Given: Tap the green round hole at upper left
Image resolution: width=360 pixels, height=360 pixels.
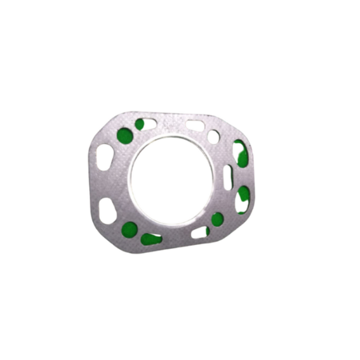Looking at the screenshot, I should [125, 136].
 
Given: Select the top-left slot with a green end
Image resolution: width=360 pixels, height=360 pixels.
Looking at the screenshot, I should [146, 124].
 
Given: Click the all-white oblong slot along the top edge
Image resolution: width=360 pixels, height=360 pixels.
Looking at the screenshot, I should [195, 125].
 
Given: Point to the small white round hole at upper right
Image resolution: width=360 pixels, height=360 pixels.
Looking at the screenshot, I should [213, 137].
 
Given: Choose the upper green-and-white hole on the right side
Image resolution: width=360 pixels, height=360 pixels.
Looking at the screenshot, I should [240, 153].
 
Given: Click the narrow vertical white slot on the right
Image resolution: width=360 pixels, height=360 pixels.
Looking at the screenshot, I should [227, 176].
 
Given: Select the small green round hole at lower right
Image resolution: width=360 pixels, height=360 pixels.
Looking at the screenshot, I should [218, 219].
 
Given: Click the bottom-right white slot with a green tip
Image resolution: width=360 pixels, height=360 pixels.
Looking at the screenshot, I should [201, 232].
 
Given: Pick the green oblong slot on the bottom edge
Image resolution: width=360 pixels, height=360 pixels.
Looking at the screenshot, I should [151, 239].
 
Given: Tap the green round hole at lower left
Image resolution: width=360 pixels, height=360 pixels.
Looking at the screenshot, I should [130, 229].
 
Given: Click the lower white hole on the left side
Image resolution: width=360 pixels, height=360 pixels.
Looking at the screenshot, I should [107, 211].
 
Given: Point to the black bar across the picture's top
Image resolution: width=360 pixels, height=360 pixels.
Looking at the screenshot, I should [180, 15].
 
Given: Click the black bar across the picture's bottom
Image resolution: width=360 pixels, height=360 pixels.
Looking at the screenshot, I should [180, 345].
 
